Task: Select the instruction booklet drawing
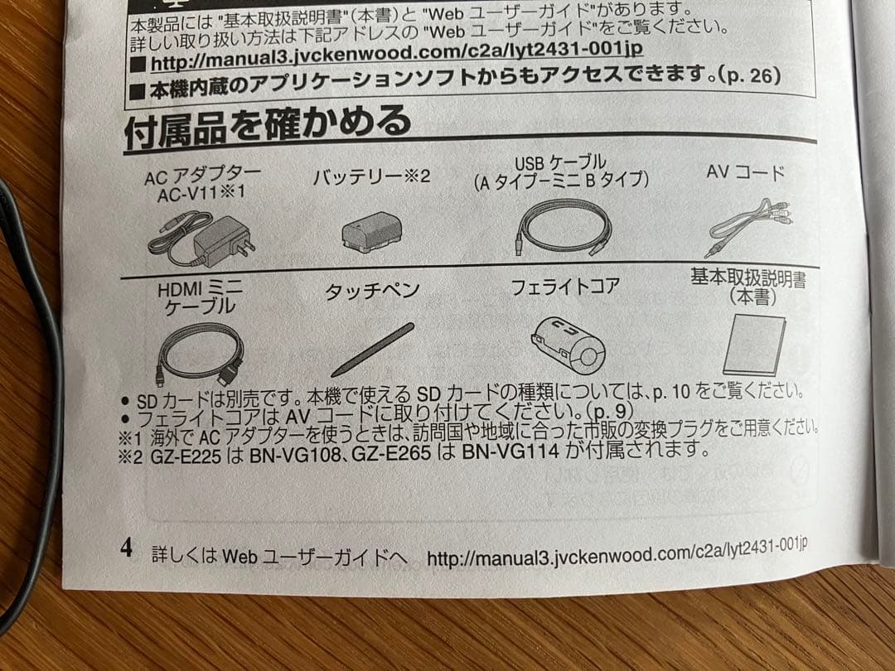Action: tap(754, 345)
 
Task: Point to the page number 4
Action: tap(127, 548)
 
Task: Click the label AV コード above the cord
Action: tap(745, 173)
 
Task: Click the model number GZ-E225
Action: tap(189, 455)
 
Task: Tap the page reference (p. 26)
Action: tap(749, 76)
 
